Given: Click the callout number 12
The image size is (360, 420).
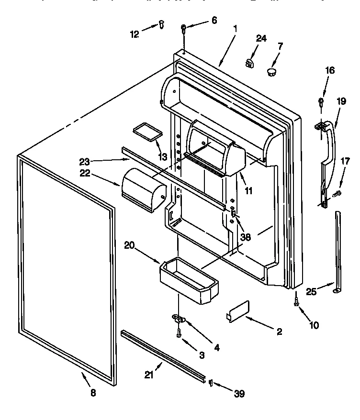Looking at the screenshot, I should (135, 33).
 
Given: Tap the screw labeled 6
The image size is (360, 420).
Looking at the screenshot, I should (184, 29).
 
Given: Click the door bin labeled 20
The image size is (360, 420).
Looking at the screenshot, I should (189, 279).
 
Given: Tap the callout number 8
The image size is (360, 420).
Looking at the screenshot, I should (93, 393).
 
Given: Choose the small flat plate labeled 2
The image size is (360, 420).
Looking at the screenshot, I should (239, 311).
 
